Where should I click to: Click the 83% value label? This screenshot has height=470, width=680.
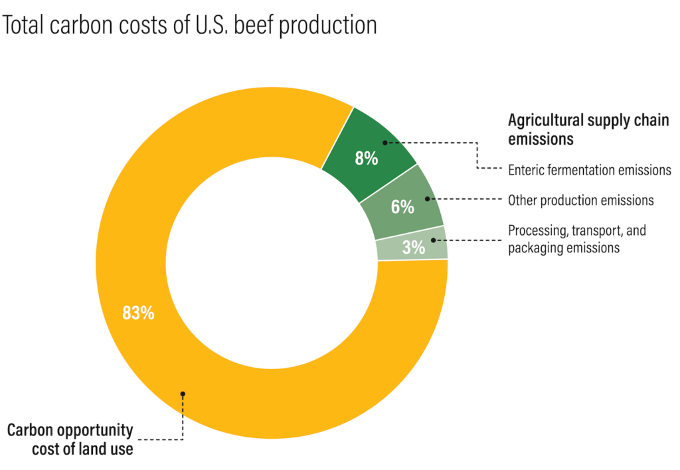(138, 313)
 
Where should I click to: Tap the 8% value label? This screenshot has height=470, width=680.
(366, 159)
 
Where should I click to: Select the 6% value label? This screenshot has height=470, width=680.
(402, 206)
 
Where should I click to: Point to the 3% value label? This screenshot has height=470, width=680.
(413, 248)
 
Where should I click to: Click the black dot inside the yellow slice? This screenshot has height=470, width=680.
(183, 394)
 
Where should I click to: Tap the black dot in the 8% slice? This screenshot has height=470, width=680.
(384, 142)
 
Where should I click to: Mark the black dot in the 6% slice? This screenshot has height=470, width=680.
(425, 198)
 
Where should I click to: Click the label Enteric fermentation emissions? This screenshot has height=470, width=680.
(589, 170)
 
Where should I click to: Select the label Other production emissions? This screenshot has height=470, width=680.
(580, 200)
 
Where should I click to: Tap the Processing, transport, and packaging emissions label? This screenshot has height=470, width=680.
(576, 239)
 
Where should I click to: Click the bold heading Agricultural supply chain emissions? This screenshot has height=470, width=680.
(588, 129)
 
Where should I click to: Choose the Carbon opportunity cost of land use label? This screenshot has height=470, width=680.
(70, 439)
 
